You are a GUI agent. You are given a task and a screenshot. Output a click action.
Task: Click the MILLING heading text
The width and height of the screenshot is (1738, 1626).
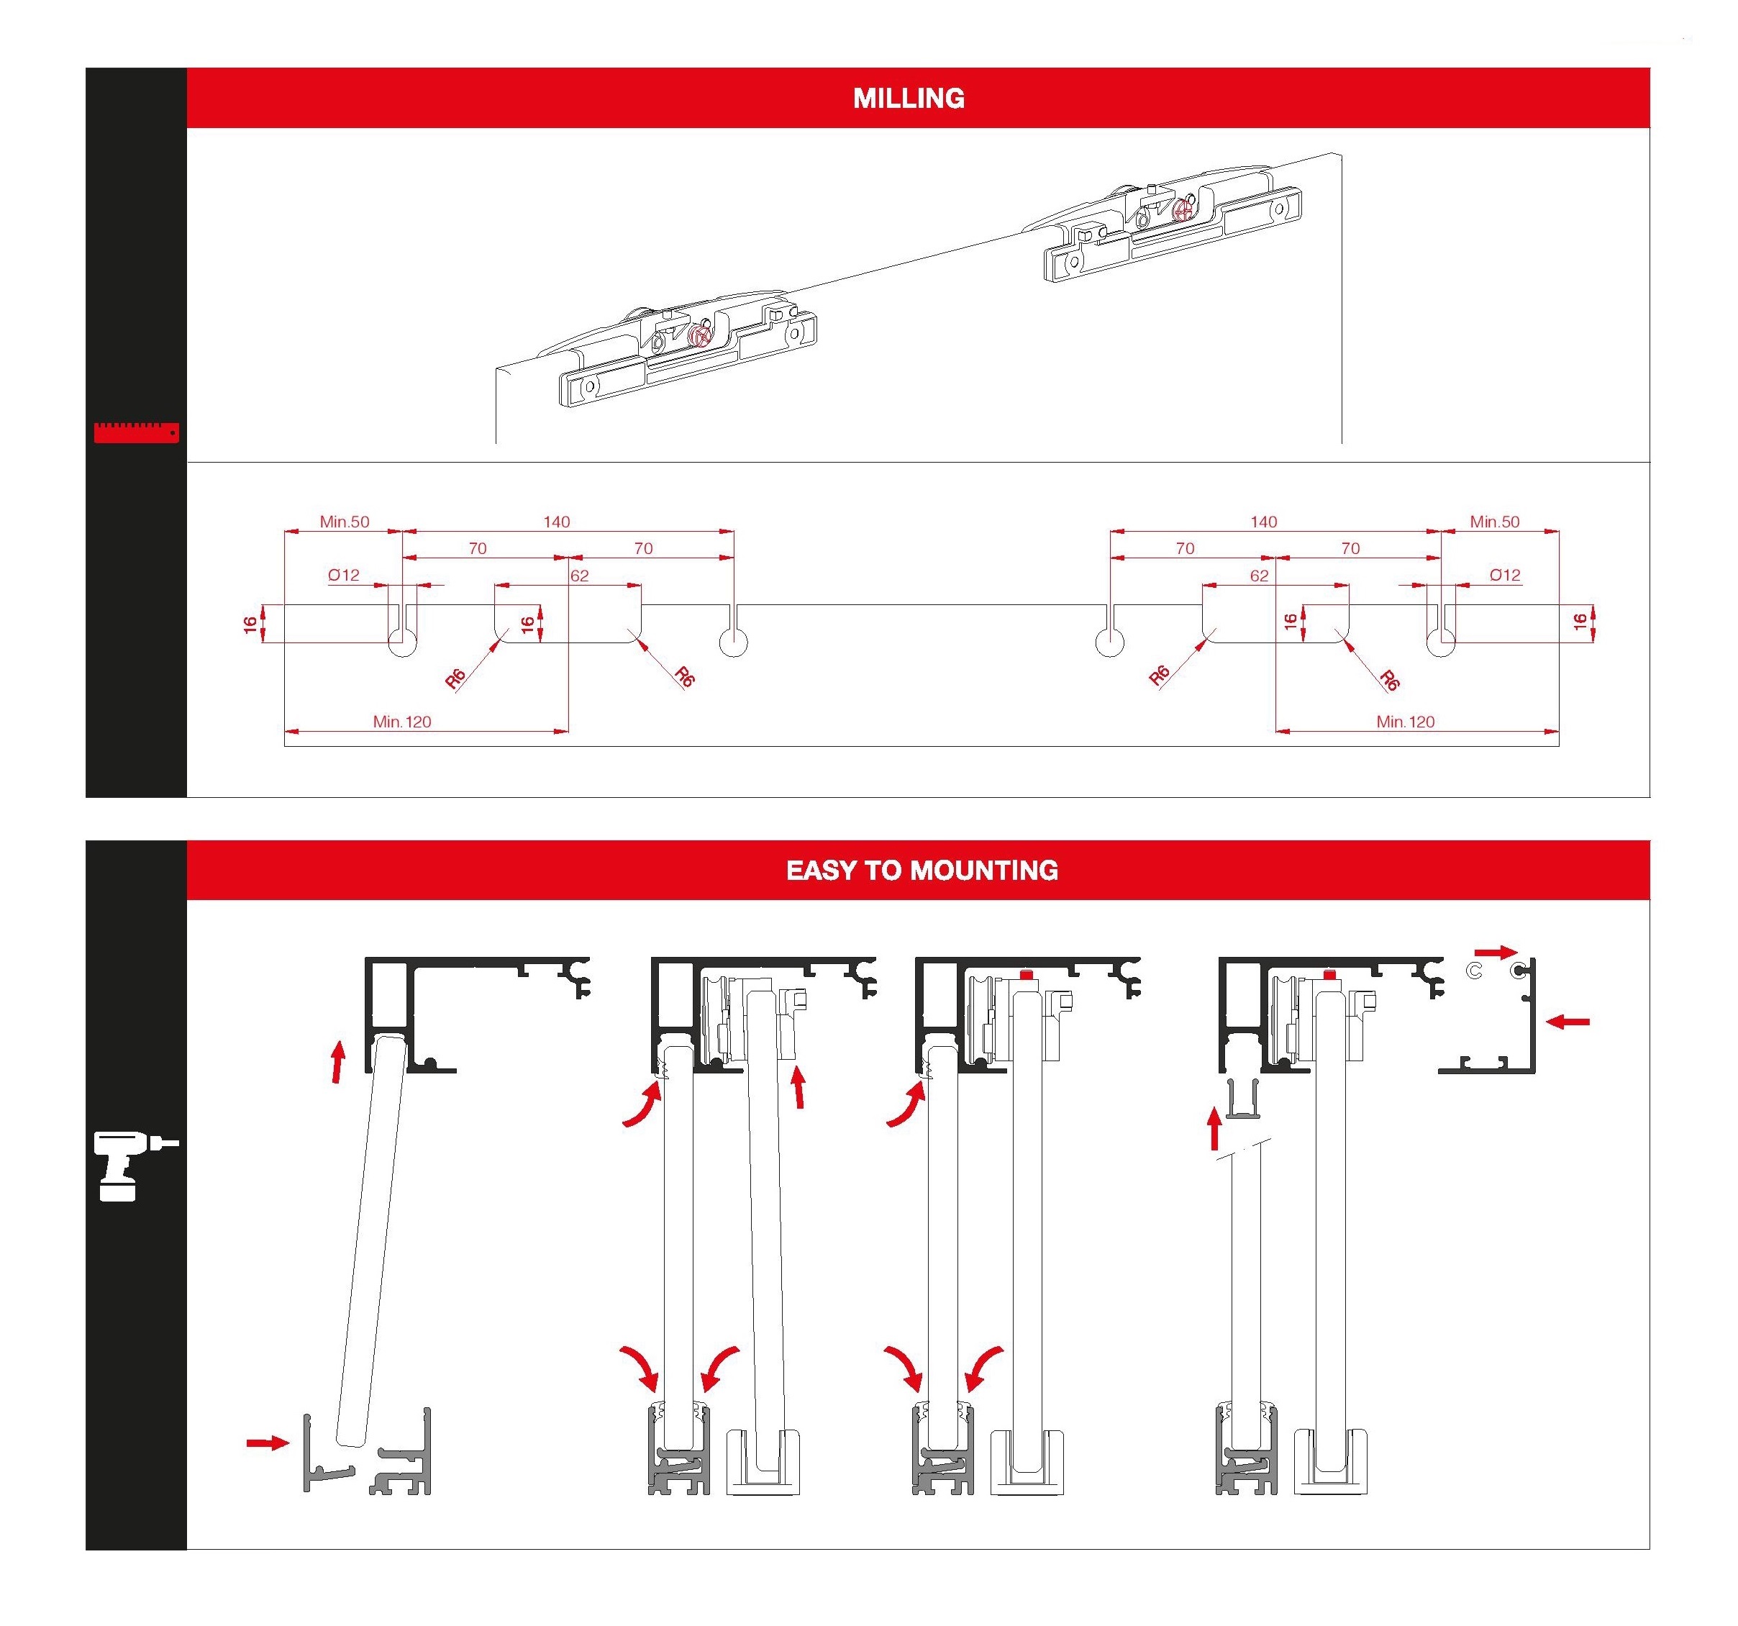pos(909,98)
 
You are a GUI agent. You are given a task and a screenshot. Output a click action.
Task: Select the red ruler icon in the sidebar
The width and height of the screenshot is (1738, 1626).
pos(137,432)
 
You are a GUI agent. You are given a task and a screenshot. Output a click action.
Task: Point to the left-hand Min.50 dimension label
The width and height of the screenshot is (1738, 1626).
pos(344,522)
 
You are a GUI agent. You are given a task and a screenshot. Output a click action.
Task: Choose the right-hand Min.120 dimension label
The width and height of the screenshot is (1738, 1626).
pos(1405,721)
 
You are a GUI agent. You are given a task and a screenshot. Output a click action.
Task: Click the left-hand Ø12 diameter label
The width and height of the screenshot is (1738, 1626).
pos(344,576)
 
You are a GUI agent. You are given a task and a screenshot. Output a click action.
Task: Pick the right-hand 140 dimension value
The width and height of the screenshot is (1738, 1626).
pos(1263,522)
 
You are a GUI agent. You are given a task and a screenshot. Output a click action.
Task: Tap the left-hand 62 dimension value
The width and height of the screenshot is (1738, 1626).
pos(579,576)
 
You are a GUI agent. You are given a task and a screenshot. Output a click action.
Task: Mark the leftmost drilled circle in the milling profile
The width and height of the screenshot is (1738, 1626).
pos(402,642)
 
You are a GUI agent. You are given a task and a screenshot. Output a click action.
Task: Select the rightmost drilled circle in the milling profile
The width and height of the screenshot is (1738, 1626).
pos(1441,642)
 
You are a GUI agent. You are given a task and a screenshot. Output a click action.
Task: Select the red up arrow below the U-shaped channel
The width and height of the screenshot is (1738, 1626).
pos(1214,1129)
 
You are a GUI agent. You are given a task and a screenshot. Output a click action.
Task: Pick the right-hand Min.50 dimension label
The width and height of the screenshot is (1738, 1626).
pos(1494,522)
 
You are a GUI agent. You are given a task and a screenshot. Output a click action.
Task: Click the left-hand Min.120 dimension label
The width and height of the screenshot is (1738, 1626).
pos(402,721)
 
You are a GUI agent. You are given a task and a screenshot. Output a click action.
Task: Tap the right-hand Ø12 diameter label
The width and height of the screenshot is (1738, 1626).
pos(1505,576)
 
